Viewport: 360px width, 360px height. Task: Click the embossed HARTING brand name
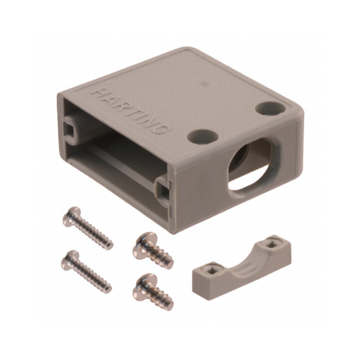pyautogui.click(x=131, y=112)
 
